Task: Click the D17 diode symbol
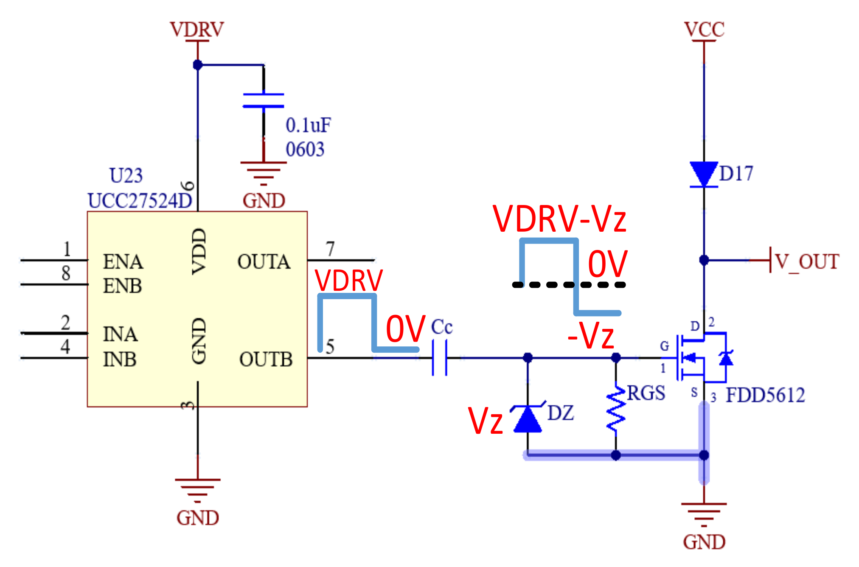[x=704, y=174]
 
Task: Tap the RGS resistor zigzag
[x=616, y=410]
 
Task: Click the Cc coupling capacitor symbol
[x=440, y=358]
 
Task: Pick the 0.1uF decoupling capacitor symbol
[x=263, y=100]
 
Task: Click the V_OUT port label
[x=807, y=261]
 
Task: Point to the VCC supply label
[x=704, y=29]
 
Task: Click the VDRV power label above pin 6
[x=197, y=29]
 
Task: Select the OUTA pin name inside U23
[x=264, y=261]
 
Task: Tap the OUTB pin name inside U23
[x=266, y=359]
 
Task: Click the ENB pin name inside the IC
[x=122, y=286]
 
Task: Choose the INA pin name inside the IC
[x=120, y=334]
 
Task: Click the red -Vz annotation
[x=591, y=336]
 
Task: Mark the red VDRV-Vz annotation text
[x=559, y=219]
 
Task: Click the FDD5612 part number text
[x=765, y=395]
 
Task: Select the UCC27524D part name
[x=140, y=201]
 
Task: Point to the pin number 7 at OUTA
[x=330, y=249]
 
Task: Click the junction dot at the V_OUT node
[x=704, y=260]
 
